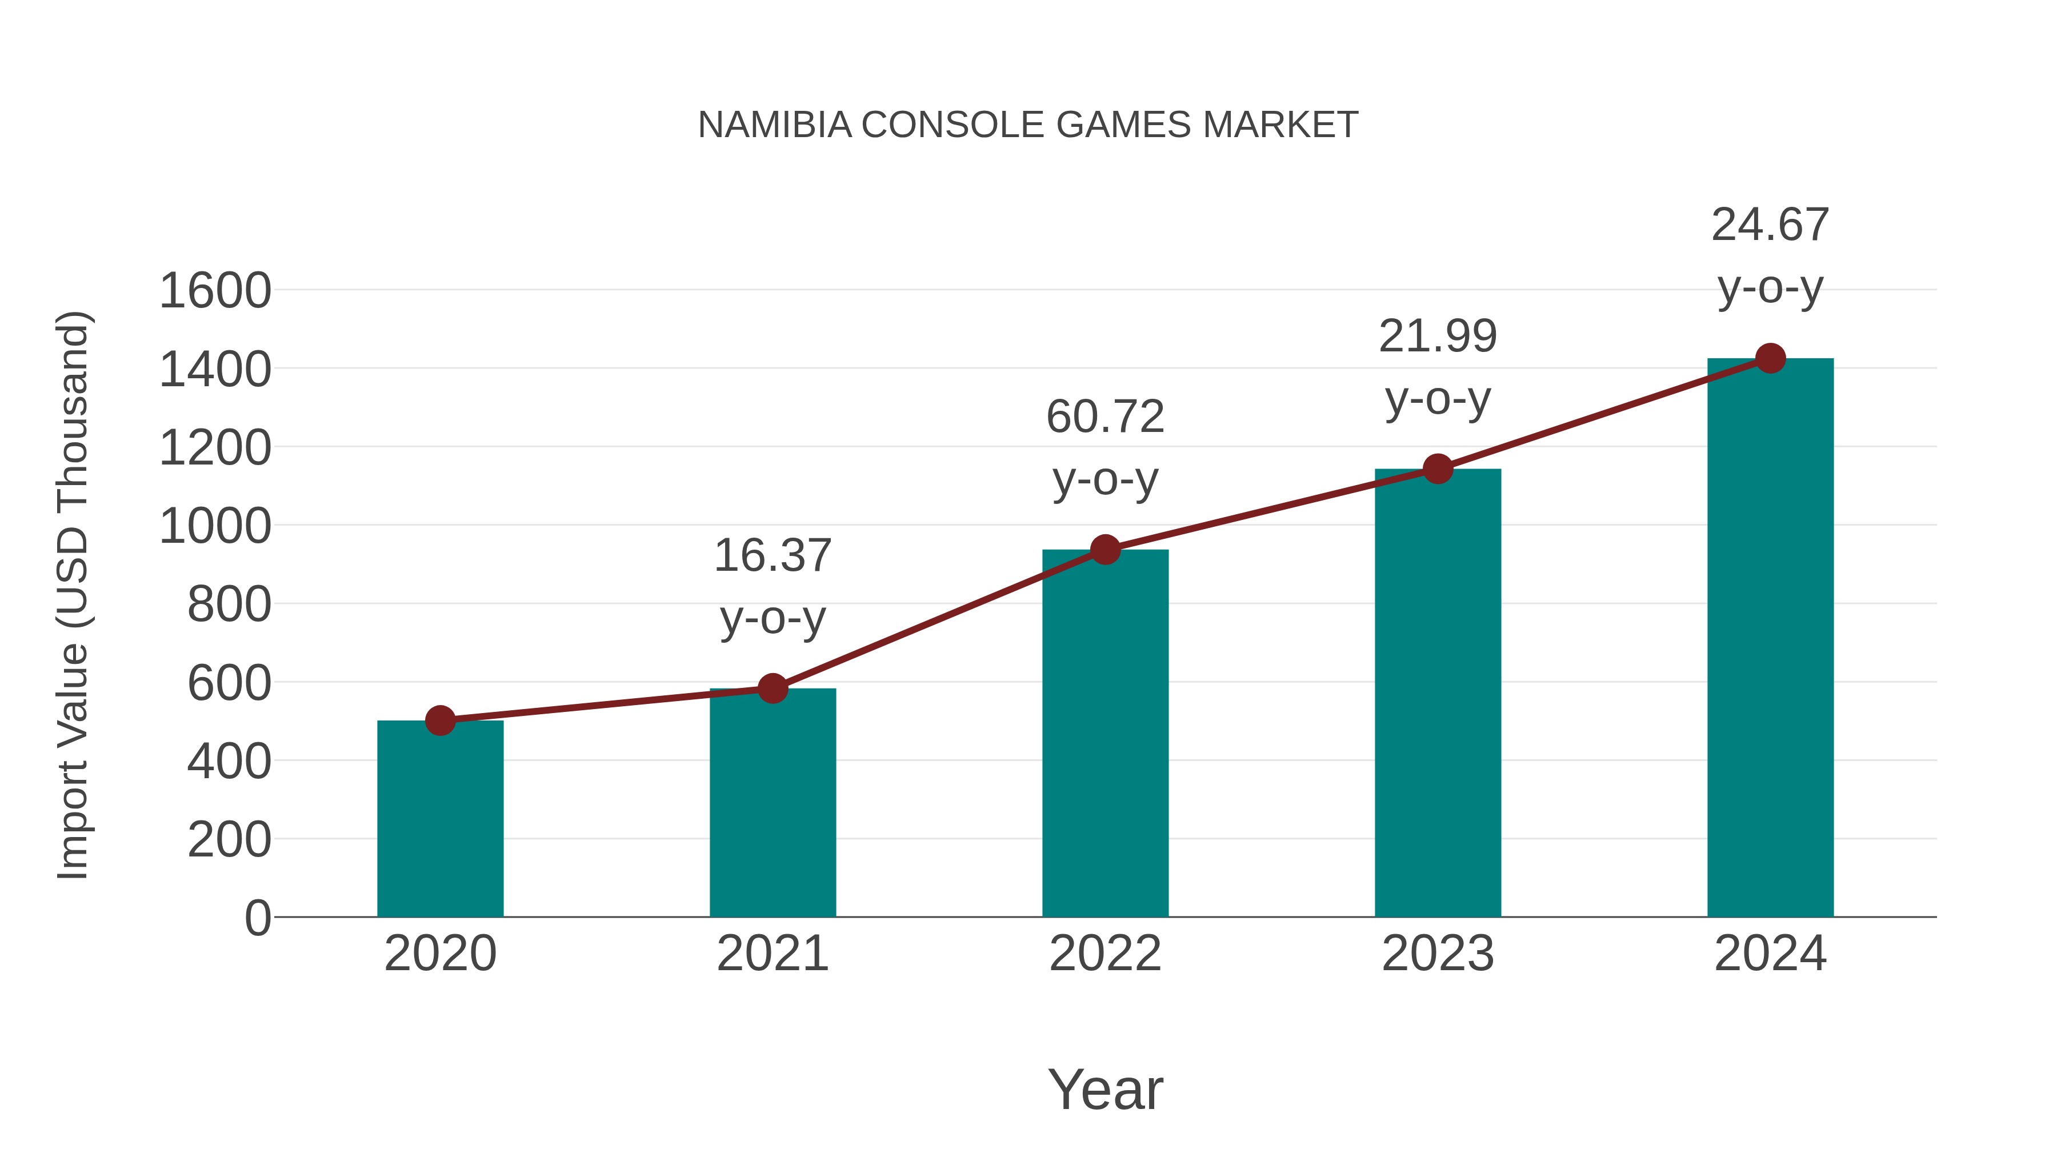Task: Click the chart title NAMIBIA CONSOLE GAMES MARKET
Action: pyautogui.click(x=1028, y=125)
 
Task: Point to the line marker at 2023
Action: pyautogui.click(x=1438, y=469)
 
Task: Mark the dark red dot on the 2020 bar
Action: pyautogui.click(x=440, y=720)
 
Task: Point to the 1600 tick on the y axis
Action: pyautogui.click(x=215, y=291)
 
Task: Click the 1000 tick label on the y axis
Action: pyautogui.click(x=215, y=526)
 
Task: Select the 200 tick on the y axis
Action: pyautogui.click(x=229, y=840)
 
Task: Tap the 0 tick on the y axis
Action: pyautogui.click(x=257, y=918)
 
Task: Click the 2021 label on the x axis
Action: pyautogui.click(x=772, y=954)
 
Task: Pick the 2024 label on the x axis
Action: pyautogui.click(x=1770, y=954)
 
